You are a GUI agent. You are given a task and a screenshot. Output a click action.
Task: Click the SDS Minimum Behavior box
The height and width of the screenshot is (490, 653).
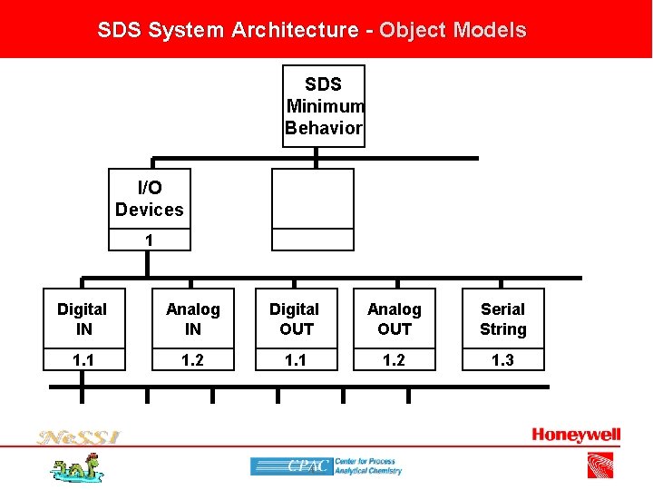324,105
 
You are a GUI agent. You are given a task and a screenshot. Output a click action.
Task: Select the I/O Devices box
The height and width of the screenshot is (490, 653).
150,198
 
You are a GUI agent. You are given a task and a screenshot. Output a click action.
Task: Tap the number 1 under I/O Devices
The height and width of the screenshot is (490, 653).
150,240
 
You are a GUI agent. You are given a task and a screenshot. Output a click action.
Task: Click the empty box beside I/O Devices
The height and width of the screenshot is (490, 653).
313,198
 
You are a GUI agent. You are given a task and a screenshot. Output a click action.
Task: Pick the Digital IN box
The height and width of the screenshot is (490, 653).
82,319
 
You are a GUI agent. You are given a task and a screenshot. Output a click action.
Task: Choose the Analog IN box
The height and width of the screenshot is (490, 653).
193,319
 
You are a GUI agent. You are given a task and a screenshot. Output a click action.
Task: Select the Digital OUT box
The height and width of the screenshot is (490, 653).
296,319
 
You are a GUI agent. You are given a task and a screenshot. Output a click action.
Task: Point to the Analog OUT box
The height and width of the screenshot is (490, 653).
395,319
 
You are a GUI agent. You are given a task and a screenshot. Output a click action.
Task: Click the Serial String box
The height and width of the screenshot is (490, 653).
502,319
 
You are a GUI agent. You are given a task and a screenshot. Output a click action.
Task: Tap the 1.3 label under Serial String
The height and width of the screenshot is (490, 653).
502,360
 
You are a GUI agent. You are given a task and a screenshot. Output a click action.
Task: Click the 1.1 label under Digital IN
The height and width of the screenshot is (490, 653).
82,360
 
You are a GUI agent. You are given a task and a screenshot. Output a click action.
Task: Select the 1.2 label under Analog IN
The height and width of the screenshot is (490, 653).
193,360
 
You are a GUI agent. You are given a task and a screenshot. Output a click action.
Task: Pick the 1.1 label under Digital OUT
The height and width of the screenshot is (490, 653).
296,360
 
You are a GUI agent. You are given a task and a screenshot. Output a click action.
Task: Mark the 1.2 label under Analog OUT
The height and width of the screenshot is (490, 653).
395,360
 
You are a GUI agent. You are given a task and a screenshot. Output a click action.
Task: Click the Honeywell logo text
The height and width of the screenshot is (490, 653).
576,436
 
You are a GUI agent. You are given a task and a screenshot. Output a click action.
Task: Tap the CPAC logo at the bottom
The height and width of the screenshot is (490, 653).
326,466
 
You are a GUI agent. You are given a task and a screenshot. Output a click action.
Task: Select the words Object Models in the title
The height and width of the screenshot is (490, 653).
453,30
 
